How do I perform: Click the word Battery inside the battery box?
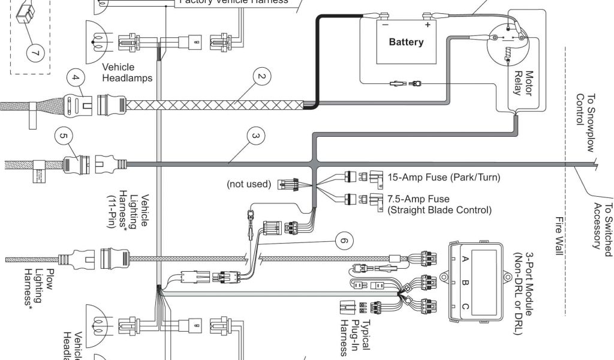click(406, 42)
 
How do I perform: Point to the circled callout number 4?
click(74, 77)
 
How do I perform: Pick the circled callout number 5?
click(64, 136)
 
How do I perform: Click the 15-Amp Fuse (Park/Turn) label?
click(444, 178)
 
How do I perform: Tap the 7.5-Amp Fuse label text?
click(418, 199)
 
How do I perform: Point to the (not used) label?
click(249, 184)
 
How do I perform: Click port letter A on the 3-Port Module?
click(465, 259)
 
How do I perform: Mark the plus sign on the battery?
click(428, 25)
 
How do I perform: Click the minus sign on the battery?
click(385, 25)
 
